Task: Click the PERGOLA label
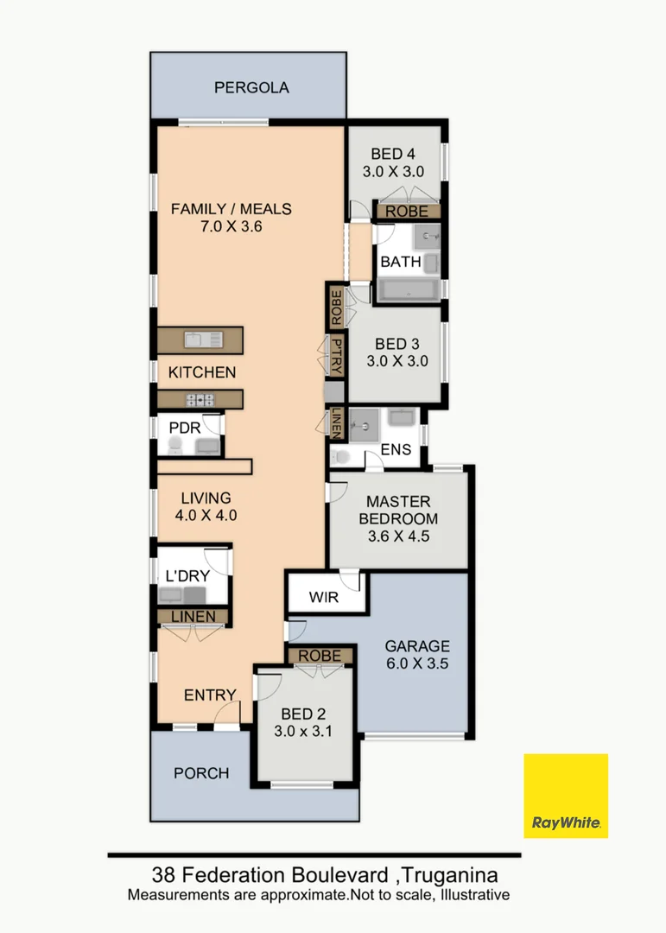[x=251, y=87]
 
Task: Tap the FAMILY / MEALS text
[x=231, y=208]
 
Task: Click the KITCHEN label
[x=201, y=372]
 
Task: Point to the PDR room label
[x=185, y=428]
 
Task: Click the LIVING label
[x=206, y=498]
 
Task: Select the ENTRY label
[x=210, y=695]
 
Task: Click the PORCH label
[x=201, y=772]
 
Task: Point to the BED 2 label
[x=303, y=714]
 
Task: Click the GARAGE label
[x=417, y=645]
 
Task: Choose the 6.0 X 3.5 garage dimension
[x=417, y=664]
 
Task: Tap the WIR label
[x=324, y=598]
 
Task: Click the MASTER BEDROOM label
[x=398, y=510]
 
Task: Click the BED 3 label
[x=397, y=344]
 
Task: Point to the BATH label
[x=401, y=261]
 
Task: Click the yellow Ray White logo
[x=566, y=796]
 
